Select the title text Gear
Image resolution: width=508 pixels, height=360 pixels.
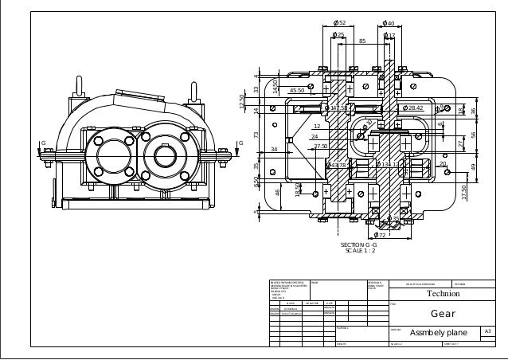point(442,313)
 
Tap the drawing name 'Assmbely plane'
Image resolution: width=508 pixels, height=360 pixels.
point(438,332)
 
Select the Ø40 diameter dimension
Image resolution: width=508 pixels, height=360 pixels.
point(389,23)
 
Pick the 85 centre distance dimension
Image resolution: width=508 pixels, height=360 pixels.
point(363,41)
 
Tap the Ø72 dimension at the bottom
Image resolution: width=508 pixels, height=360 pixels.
point(381,236)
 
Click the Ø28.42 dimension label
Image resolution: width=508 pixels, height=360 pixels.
point(413,108)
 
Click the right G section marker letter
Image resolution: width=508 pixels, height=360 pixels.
point(239,143)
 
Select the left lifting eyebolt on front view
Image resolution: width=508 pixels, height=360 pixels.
point(80,83)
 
